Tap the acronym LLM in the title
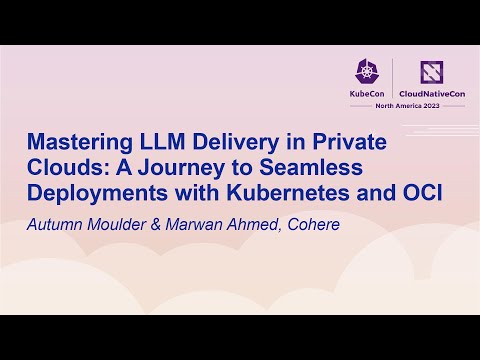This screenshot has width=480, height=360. [168, 143]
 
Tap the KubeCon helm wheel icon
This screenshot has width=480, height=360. [366, 70]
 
